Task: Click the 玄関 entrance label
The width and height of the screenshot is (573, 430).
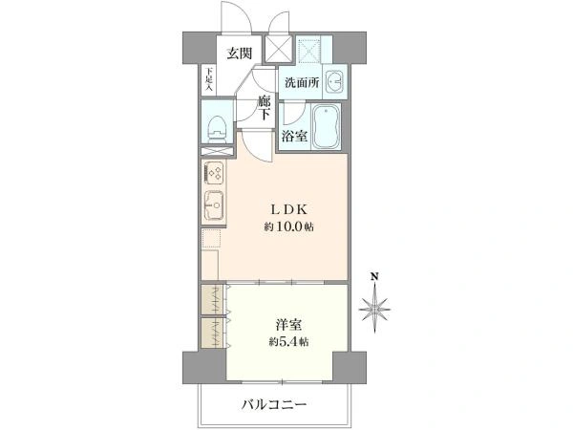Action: [x=240, y=54]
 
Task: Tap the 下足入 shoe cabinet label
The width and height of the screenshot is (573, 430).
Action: [x=208, y=79]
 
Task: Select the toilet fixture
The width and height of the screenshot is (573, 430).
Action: [x=217, y=129]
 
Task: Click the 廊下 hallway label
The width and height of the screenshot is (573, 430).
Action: [x=265, y=107]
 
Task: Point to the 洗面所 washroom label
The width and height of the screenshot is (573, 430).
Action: [x=302, y=82]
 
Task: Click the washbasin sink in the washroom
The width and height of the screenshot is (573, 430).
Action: [x=334, y=82]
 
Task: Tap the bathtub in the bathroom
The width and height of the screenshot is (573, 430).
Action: [x=326, y=126]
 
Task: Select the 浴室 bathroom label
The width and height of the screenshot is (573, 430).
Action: [x=294, y=136]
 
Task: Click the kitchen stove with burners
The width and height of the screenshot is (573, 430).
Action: [x=214, y=173]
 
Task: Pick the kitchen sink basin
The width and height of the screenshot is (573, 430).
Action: [x=214, y=205]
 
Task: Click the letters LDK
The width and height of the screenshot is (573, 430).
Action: [x=288, y=209]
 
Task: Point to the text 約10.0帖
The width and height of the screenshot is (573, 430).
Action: [x=288, y=227]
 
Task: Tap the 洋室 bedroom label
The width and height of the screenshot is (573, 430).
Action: [x=288, y=325]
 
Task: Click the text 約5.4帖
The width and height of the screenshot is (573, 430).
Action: [x=288, y=342]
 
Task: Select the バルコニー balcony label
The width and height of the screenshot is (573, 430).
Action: [x=274, y=405]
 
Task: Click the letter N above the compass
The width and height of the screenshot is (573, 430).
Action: [x=374, y=276]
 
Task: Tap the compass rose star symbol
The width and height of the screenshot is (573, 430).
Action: [x=374, y=310]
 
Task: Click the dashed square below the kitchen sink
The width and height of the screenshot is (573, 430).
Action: [x=211, y=238]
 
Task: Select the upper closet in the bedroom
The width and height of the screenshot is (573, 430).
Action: [x=213, y=299]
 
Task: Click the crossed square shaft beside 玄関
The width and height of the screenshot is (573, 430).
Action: [x=278, y=49]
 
